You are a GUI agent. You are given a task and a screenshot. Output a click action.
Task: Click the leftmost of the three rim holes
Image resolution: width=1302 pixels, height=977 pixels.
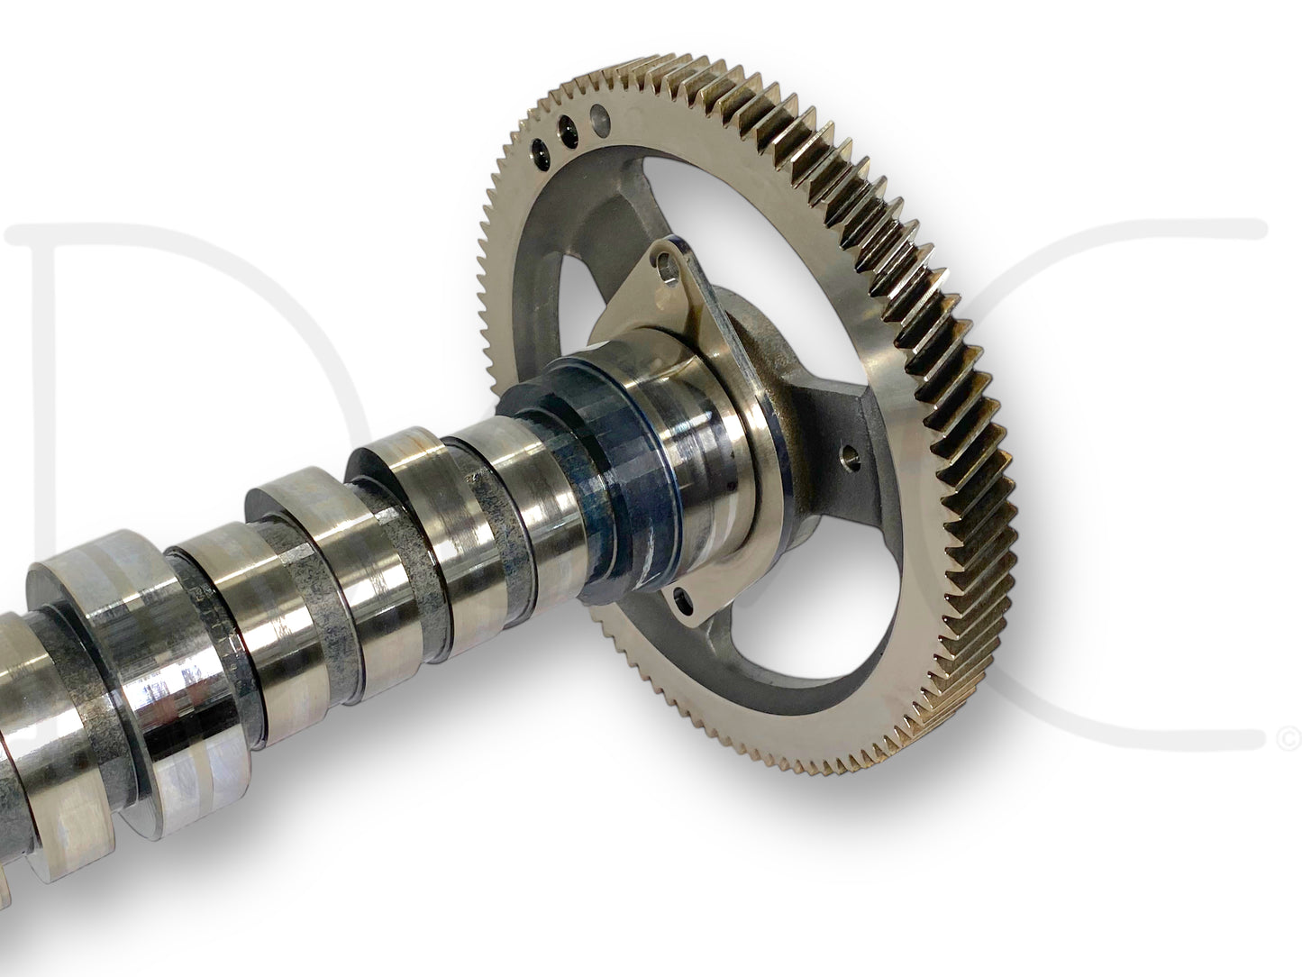[539, 148]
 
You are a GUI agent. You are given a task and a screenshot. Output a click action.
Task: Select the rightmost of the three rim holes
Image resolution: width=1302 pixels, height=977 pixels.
[597, 116]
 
